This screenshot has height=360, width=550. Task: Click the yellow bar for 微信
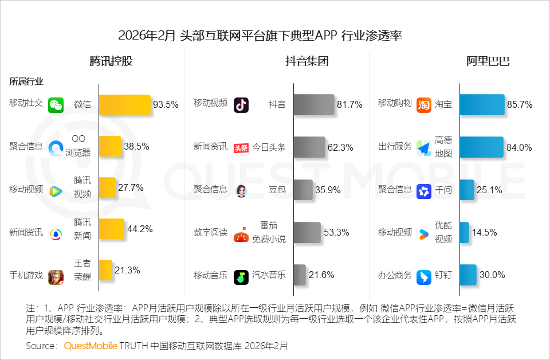click(124, 105)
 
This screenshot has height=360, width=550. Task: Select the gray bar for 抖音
click(313, 105)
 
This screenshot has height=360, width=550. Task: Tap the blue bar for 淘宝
click(482, 105)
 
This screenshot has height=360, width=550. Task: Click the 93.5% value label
click(166, 105)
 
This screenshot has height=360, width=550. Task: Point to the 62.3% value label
click(340, 147)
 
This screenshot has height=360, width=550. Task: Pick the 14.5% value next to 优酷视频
click(484, 232)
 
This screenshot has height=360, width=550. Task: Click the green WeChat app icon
click(56, 105)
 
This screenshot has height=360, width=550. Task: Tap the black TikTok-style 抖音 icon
click(241, 105)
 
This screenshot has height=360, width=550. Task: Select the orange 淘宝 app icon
click(424, 105)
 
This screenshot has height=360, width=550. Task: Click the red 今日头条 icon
click(241, 148)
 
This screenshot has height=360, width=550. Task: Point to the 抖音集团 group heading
click(307, 62)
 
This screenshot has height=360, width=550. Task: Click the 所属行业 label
click(26, 82)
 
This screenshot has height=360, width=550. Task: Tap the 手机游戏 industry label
click(26, 275)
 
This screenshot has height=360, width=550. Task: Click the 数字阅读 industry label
click(210, 232)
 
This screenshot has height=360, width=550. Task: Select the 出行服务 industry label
click(395, 147)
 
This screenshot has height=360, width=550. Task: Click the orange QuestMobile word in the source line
click(91, 346)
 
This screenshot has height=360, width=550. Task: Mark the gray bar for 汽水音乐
click(300, 275)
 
